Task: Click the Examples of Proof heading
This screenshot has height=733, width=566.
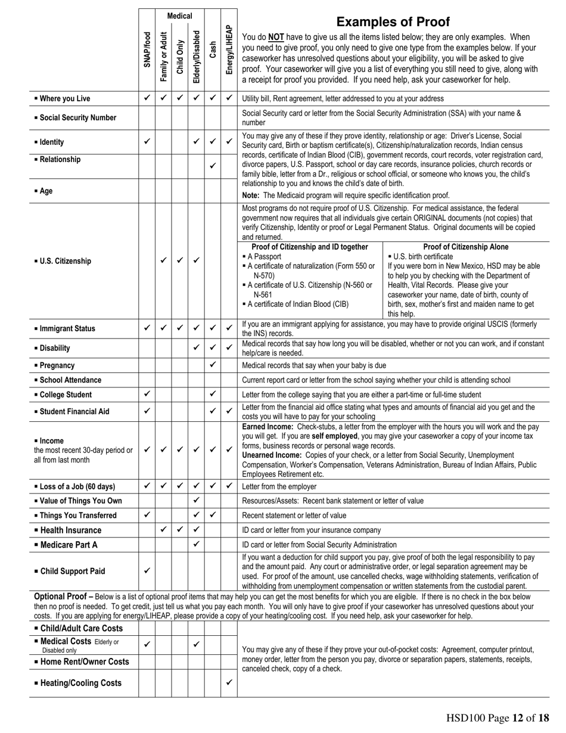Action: tap(393, 22)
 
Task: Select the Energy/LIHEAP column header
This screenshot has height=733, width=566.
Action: tap(229, 49)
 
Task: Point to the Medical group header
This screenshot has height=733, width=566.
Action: tap(179, 15)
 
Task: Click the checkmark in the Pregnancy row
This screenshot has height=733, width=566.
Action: tap(213, 365)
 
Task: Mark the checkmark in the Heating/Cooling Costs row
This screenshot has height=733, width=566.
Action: tap(229, 682)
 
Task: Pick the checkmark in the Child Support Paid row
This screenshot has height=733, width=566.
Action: tap(147, 570)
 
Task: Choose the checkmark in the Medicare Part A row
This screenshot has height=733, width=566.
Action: tap(197, 543)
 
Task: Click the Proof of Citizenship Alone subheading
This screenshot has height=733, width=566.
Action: tap(466, 247)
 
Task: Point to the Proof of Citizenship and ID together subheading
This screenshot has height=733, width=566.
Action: tap(310, 247)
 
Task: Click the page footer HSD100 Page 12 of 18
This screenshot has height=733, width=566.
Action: tap(497, 718)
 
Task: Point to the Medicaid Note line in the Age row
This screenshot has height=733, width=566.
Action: tap(346, 195)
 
